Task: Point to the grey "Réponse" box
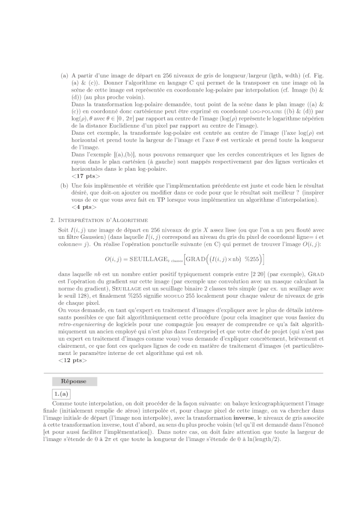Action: (x=74, y=382)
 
